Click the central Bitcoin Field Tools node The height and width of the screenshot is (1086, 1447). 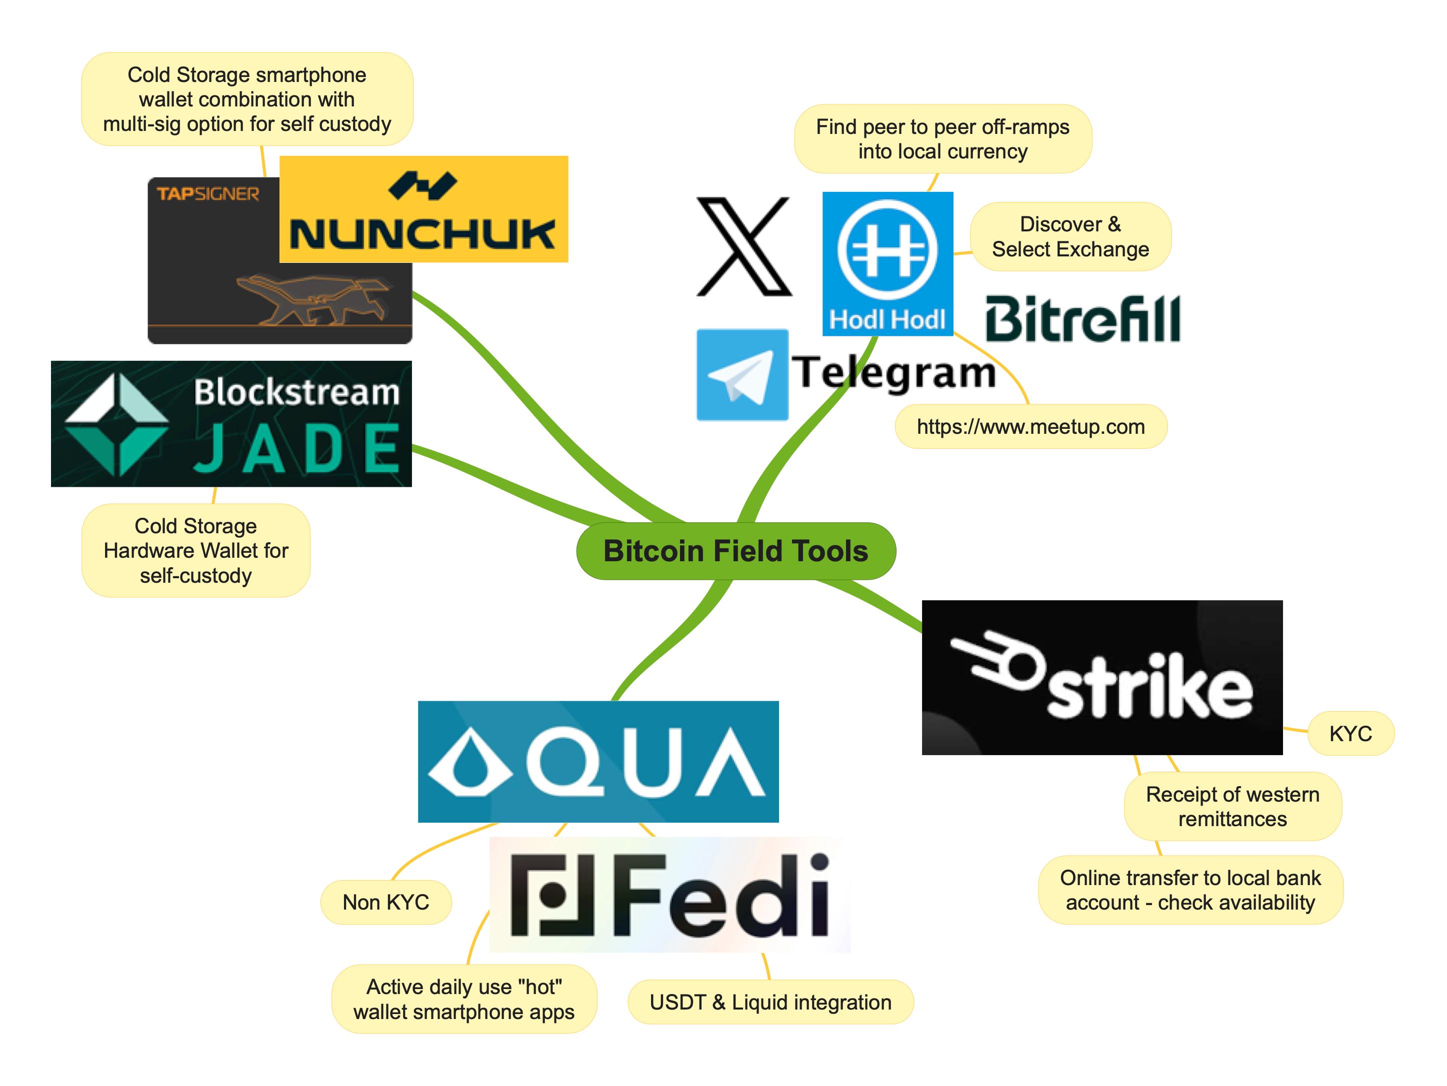[x=735, y=551]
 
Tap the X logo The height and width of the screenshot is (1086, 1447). [x=744, y=246]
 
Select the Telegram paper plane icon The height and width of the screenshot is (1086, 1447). [x=742, y=375]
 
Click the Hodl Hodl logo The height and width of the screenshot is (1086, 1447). [x=887, y=263]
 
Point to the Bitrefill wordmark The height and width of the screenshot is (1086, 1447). [x=1082, y=318]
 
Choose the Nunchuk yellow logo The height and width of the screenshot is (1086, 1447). [x=423, y=209]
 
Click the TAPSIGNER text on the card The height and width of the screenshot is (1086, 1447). [x=208, y=194]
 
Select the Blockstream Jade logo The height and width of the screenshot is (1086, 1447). [x=231, y=424]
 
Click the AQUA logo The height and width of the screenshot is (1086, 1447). [x=598, y=761]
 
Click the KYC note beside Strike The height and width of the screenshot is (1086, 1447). [x=1350, y=734]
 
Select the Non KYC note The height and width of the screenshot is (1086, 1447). [x=385, y=902]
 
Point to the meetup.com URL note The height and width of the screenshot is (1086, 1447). [x=1030, y=427]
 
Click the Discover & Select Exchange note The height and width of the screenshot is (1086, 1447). [x=1070, y=237]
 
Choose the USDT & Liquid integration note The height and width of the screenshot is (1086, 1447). [x=770, y=1003]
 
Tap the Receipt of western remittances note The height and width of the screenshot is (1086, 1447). [x=1232, y=807]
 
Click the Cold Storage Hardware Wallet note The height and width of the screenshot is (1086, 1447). [x=195, y=551]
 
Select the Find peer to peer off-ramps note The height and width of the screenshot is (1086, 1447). [x=942, y=138]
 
